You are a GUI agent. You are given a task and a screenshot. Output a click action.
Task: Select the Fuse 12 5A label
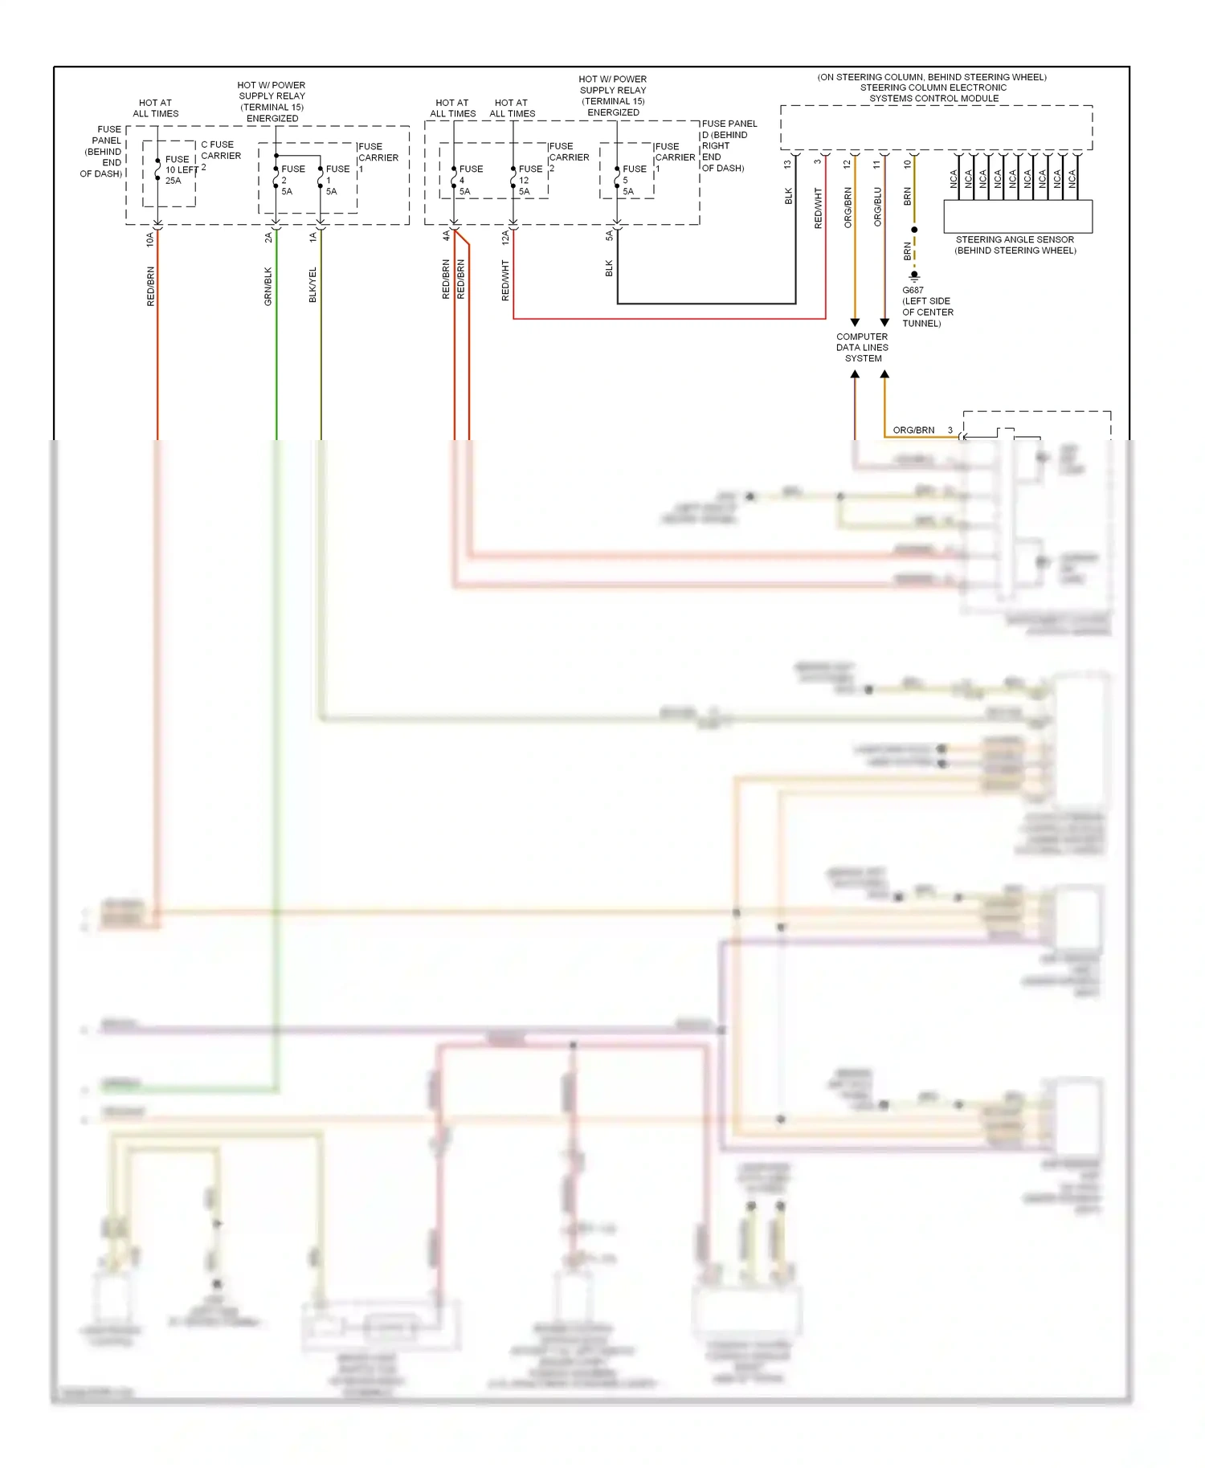pyautogui.click(x=529, y=180)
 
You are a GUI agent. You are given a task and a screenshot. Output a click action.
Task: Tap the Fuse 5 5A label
pyautogui.click(x=633, y=180)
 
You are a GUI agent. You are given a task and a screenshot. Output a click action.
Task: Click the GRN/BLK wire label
pyautogui.click(x=268, y=286)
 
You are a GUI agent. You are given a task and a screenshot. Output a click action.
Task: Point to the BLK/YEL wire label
pyautogui.click(x=313, y=284)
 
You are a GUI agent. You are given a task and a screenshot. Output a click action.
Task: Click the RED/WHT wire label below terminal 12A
pyautogui.click(x=505, y=280)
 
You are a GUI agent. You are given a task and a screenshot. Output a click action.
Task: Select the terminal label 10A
pyautogui.click(x=149, y=239)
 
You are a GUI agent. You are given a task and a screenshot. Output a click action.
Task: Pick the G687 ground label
pyautogui.click(x=913, y=290)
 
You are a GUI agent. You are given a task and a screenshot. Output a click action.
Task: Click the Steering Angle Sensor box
pyautogui.click(x=1017, y=216)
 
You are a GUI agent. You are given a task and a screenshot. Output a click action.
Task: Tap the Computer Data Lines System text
pyautogui.click(x=862, y=348)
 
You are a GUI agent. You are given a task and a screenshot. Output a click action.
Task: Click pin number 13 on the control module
pyautogui.click(x=787, y=164)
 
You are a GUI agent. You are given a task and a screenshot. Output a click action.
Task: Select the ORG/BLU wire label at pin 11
pyautogui.click(x=877, y=206)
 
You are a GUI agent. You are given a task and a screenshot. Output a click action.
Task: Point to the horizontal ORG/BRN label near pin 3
pyautogui.click(x=913, y=430)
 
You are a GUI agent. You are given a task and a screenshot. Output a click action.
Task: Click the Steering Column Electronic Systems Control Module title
pyautogui.click(x=933, y=88)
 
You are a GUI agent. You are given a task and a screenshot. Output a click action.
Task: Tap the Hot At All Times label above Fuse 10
pyautogui.click(x=156, y=108)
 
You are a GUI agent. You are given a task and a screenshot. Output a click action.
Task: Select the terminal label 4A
pyautogui.click(x=446, y=235)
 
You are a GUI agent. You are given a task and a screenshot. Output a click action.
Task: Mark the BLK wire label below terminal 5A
pyautogui.click(x=609, y=268)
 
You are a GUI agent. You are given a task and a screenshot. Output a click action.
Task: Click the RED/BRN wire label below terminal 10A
pyautogui.click(x=150, y=286)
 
